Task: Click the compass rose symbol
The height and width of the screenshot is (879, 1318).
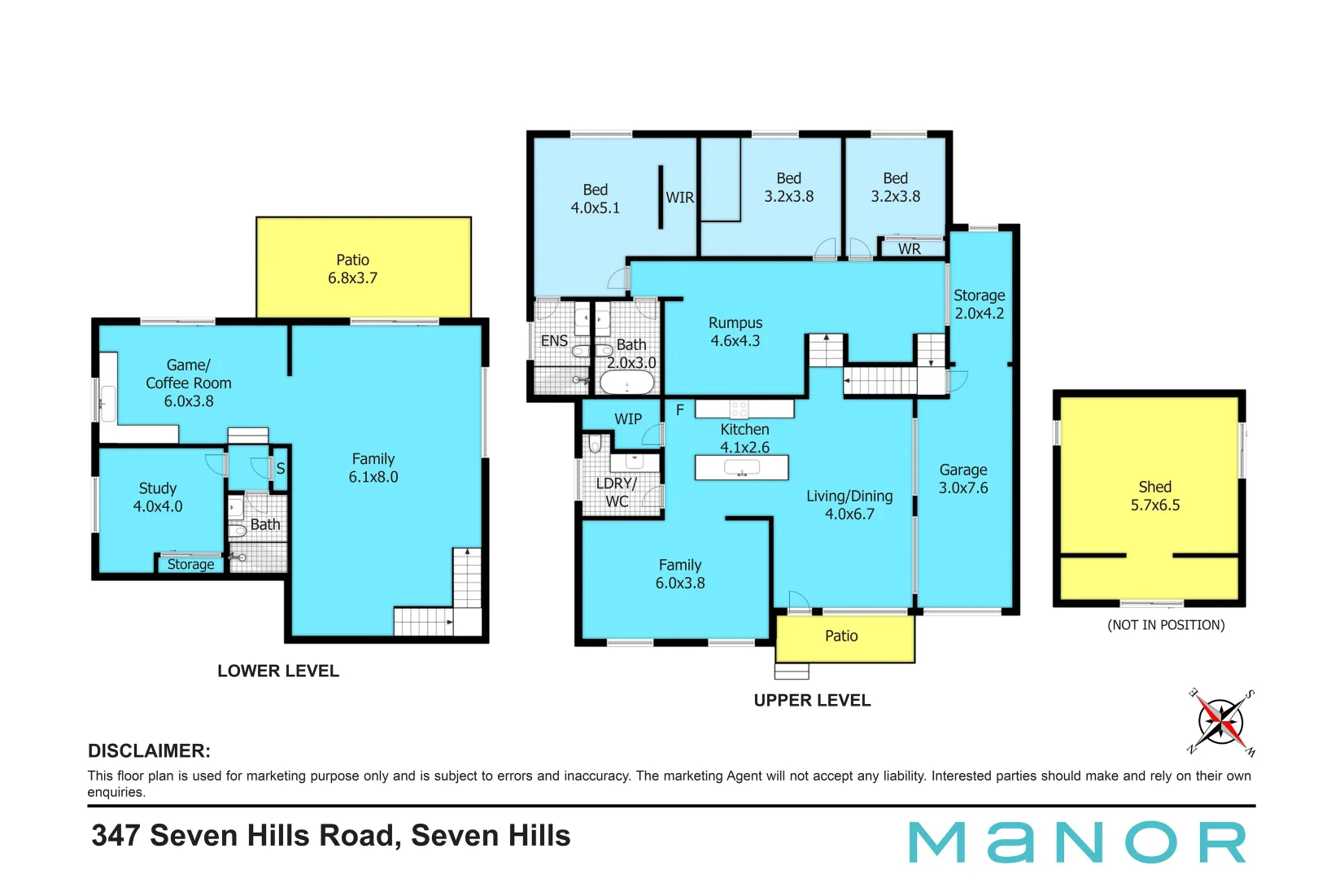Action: point(1221,722)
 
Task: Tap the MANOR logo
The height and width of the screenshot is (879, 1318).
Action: point(1077,842)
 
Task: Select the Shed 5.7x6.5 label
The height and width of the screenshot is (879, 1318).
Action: point(1154,496)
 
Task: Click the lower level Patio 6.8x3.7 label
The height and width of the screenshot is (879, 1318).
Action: point(352,269)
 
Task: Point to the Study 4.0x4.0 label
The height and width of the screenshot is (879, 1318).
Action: point(158,497)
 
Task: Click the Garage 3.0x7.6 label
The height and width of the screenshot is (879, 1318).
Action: point(963,479)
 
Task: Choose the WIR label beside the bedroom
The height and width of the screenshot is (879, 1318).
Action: point(679,198)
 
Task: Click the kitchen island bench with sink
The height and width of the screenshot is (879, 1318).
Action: point(741,467)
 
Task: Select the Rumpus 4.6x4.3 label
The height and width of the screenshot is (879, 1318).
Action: point(735,332)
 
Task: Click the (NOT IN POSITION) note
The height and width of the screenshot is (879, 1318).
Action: point(1165,625)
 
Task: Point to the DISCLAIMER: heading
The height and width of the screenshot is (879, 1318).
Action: point(149,750)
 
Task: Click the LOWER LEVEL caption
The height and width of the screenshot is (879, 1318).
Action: point(278,671)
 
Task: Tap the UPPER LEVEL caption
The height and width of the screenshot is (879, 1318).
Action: point(812,700)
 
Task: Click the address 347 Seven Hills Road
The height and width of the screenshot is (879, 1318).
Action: point(331,836)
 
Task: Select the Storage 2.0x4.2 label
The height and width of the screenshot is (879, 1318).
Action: point(979,304)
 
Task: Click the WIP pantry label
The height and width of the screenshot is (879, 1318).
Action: point(627,419)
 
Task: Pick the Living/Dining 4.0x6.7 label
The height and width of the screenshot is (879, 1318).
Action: point(849,505)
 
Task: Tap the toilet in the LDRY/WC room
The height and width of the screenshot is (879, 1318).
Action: point(595,444)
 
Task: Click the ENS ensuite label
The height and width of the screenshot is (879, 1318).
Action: point(554,341)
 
